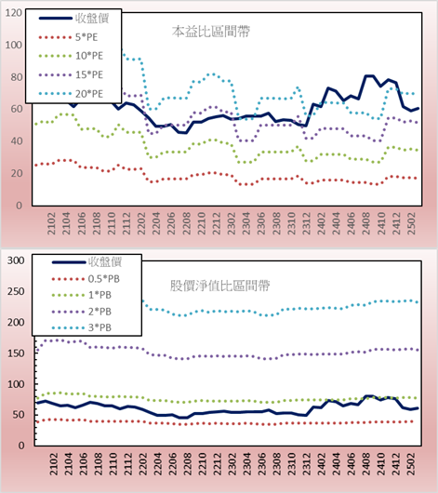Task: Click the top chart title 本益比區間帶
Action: (x=211, y=32)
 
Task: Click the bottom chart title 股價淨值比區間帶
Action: (x=219, y=286)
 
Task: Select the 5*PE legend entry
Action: (x=68, y=37)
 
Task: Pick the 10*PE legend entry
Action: (x=71, y=56)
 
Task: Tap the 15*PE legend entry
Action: (x=71, y=74)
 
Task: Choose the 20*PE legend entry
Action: (x=71, y=94)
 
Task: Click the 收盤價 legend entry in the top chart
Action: (x=73, y=19)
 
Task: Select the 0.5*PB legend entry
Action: (x=86, y=279)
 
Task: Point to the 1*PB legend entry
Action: (x=82, y=295)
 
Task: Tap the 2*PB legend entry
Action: (x=82, y=312)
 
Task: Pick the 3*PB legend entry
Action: (x=82, y=327)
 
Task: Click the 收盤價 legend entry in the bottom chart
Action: (x=86, y=261)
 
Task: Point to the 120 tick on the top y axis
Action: (x=14, y=13)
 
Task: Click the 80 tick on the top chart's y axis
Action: (x=17, y=77)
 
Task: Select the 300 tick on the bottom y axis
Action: (x=16, y=260)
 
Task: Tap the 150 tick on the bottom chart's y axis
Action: (x=16, y=353)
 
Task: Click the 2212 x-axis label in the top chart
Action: (x=217, y=223)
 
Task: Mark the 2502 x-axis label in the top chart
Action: (x=411, y=223)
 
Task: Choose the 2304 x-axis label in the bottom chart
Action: (x=247, y=464)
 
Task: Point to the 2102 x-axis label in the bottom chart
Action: (x=53, y=464)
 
